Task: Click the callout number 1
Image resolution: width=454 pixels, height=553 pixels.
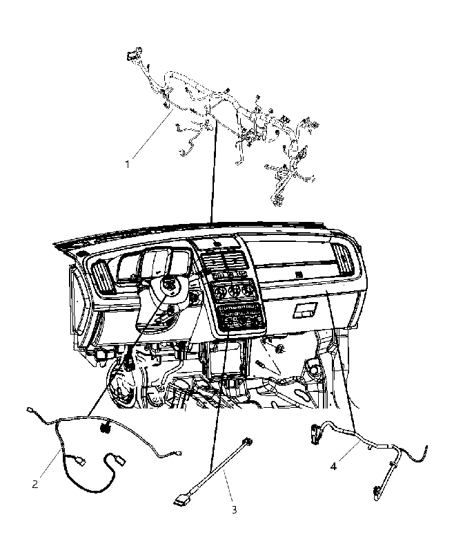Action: tap(128, 165)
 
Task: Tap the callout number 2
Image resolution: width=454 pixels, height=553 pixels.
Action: tap(34, 485)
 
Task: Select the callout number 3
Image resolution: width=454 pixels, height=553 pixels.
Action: tap(235, 509)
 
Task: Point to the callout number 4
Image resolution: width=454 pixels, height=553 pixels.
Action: tap(333, 466)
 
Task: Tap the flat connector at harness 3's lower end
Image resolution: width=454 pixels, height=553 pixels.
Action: tap(181, 500)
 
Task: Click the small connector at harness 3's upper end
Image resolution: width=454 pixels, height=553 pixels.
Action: tap(249, 441)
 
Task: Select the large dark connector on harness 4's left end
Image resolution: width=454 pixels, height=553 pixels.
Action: tap(313, 433)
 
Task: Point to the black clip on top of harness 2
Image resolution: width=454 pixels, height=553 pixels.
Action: tap(104, 428)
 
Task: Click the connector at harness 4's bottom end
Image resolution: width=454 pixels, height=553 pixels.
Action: tap(376, 493)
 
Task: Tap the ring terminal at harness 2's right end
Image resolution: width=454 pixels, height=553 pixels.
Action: tap(179, 454)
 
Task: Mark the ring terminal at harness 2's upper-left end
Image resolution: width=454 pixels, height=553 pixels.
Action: tap(29, 409)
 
